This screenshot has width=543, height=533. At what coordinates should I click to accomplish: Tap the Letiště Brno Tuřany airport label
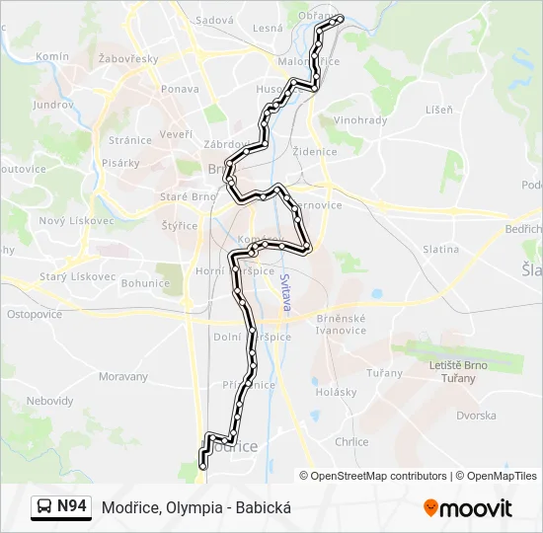[459, 371]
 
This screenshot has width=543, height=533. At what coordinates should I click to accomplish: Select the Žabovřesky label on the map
[128, 59]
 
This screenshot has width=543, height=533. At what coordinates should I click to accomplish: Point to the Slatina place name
[440, 250]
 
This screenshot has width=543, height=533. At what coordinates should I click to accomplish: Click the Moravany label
[123, 377]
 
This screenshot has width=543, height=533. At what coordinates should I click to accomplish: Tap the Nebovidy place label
[49, 401]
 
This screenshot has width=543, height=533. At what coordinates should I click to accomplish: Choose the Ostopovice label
[35, 314]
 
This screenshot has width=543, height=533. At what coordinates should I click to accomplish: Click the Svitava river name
[286, 292]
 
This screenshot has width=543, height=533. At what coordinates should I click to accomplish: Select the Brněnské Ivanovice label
[342, 324]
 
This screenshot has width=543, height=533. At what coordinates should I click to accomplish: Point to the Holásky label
[336, 392]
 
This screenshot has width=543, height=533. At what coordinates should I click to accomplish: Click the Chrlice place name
[351, 442]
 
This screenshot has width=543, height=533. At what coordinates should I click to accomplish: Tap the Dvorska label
[476, 416]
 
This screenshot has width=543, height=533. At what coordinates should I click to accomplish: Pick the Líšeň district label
[439, 110]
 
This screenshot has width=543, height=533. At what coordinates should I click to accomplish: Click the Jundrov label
[52, 105]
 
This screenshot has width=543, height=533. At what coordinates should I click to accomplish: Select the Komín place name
[51, 57]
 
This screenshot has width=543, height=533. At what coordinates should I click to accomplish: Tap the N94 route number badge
[71, 506]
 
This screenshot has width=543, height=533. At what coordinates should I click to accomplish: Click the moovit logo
[468, 508]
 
